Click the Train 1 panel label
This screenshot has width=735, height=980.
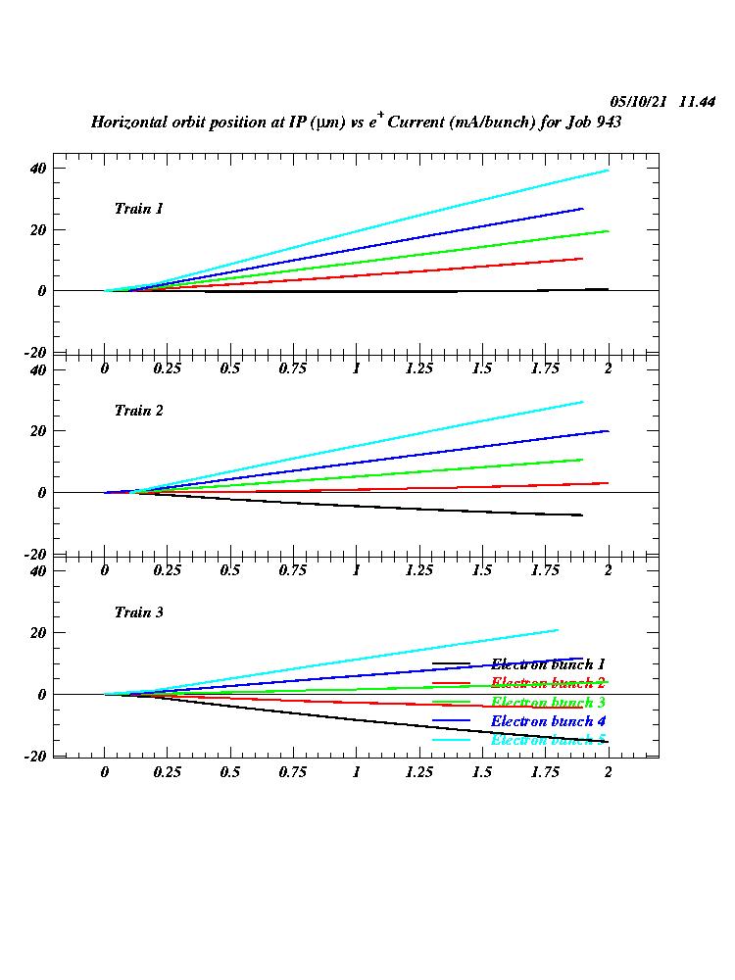tap(138, 209)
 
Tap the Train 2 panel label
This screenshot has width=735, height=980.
tap(138, 411)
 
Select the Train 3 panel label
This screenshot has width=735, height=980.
tap(138, 612)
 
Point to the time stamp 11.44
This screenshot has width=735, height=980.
tap(697, 102)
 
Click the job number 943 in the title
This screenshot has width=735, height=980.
tap(608, 123)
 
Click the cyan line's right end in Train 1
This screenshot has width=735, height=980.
tap(608, 171)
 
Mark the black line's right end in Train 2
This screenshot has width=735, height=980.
tap(582, 514)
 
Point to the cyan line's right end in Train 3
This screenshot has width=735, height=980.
tap(558, 630)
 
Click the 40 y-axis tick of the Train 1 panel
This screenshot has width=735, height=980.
tap(38, 168)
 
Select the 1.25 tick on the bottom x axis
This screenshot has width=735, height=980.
tap(418, 772)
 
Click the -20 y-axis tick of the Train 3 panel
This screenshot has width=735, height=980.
tap(36, 757)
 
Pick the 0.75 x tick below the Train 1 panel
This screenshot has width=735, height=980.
tap(293, 368)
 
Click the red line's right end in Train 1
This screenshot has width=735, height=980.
tap(582, 259)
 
